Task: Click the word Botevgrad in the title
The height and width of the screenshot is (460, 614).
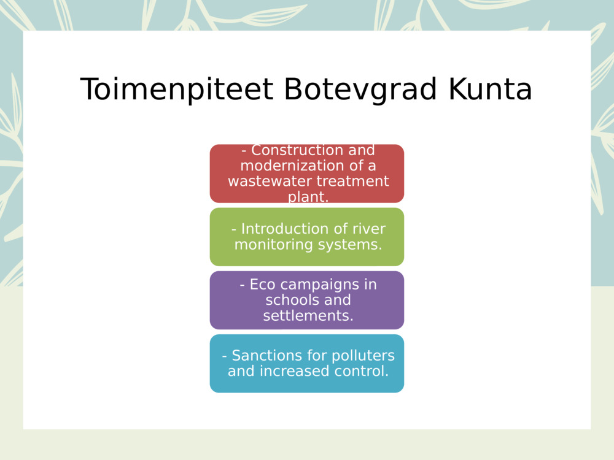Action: [360, 90]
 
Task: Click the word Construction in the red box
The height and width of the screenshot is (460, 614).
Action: [290, 150]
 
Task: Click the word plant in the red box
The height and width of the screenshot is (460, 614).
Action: [306, 197]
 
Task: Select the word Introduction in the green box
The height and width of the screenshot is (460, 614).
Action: [278, 229]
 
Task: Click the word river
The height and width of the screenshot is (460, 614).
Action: [369, 229]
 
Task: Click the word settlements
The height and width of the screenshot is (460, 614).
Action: [308, 316]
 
